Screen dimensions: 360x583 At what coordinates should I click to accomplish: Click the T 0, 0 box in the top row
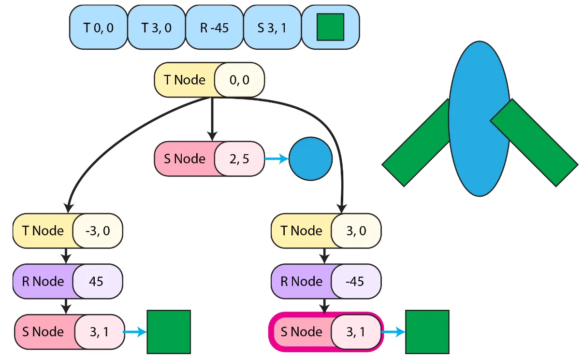point(98,28)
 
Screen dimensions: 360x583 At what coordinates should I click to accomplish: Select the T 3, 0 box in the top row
point(156,28)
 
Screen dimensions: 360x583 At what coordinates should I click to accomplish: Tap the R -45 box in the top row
point(214,28)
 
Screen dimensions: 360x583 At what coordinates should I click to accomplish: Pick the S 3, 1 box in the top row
point(272,28)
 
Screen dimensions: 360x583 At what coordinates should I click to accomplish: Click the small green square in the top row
point(330,27)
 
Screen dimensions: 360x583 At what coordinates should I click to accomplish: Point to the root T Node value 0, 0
point(240,80)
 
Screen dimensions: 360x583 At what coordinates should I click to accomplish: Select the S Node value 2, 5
point(240,158)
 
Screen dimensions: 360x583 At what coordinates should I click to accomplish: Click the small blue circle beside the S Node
point(310,159)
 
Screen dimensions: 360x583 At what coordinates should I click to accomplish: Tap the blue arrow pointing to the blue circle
point(277,159)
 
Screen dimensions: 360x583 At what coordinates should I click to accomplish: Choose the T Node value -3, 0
point(98,230)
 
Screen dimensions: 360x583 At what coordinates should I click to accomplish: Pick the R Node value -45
point(356,281)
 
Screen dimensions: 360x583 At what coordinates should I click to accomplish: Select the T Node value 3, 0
point(356,230)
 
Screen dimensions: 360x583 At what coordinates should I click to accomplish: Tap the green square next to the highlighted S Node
point(427,332)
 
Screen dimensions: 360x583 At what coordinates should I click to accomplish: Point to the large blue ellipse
point(479,118)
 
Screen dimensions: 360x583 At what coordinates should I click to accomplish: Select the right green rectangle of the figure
point(535,142)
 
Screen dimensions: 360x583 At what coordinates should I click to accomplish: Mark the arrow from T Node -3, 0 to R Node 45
point(67,256)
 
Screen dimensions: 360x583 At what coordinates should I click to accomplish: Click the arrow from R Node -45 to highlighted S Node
point(325,305)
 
